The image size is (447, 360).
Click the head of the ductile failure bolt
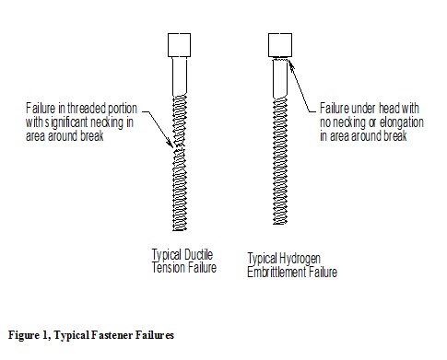coord(179,45)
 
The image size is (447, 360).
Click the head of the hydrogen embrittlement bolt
coord(280,45)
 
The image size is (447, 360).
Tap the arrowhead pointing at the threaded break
coord(170,143)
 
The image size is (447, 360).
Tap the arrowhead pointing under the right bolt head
coord(290,65)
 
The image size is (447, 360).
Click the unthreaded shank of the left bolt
coord(180,76)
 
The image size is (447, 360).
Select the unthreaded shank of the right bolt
coord(280,79)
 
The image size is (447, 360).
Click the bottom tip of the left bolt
coord(180,230)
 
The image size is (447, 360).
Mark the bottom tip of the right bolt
coord(280,224)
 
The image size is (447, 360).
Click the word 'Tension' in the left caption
coord(168,268)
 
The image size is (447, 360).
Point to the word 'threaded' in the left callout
coord(87,109)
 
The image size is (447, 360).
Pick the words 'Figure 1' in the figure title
coord(28,335)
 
